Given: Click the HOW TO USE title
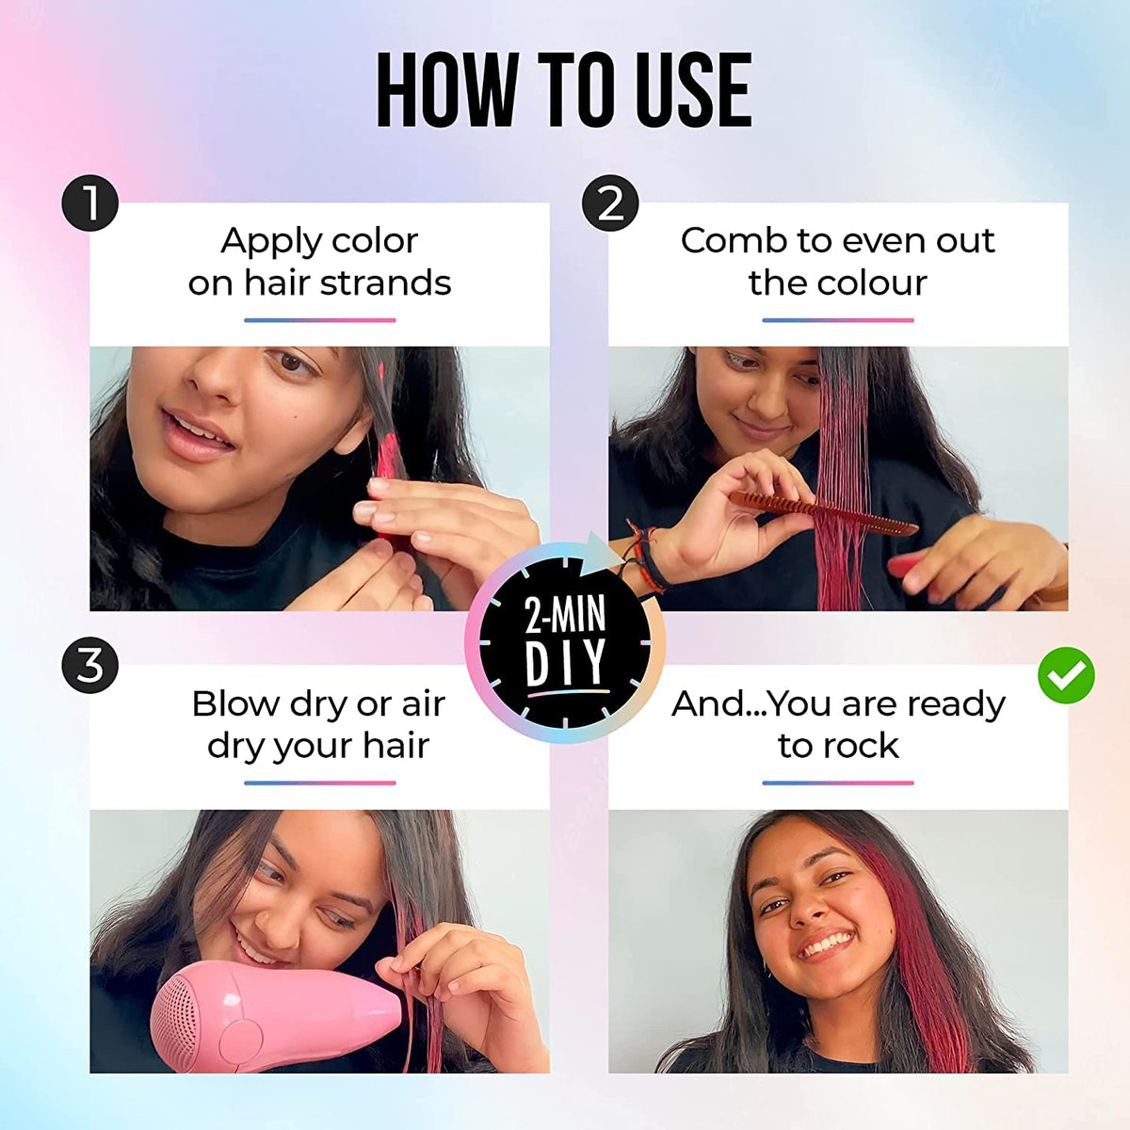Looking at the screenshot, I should coord(564,90).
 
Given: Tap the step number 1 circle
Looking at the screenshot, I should coord(89,203).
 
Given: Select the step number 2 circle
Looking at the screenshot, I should coord(610,203).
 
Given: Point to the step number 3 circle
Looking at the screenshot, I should coord(89,666).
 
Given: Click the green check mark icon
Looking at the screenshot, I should coord(1066,674).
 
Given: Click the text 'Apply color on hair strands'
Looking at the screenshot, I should coord(319,262).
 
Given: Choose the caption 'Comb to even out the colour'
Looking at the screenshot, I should coord(837,262).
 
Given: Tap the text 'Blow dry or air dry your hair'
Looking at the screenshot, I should coord(319,724).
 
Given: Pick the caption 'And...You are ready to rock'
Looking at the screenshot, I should coord(837,724).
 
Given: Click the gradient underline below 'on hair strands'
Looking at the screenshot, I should coord(319,320).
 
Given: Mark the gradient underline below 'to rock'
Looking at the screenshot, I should coord(837,783).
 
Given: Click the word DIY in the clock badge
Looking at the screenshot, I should coord(566,664).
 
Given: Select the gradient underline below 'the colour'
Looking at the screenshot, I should coord(837,320).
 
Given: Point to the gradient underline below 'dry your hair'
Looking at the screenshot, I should coord(319,783).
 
